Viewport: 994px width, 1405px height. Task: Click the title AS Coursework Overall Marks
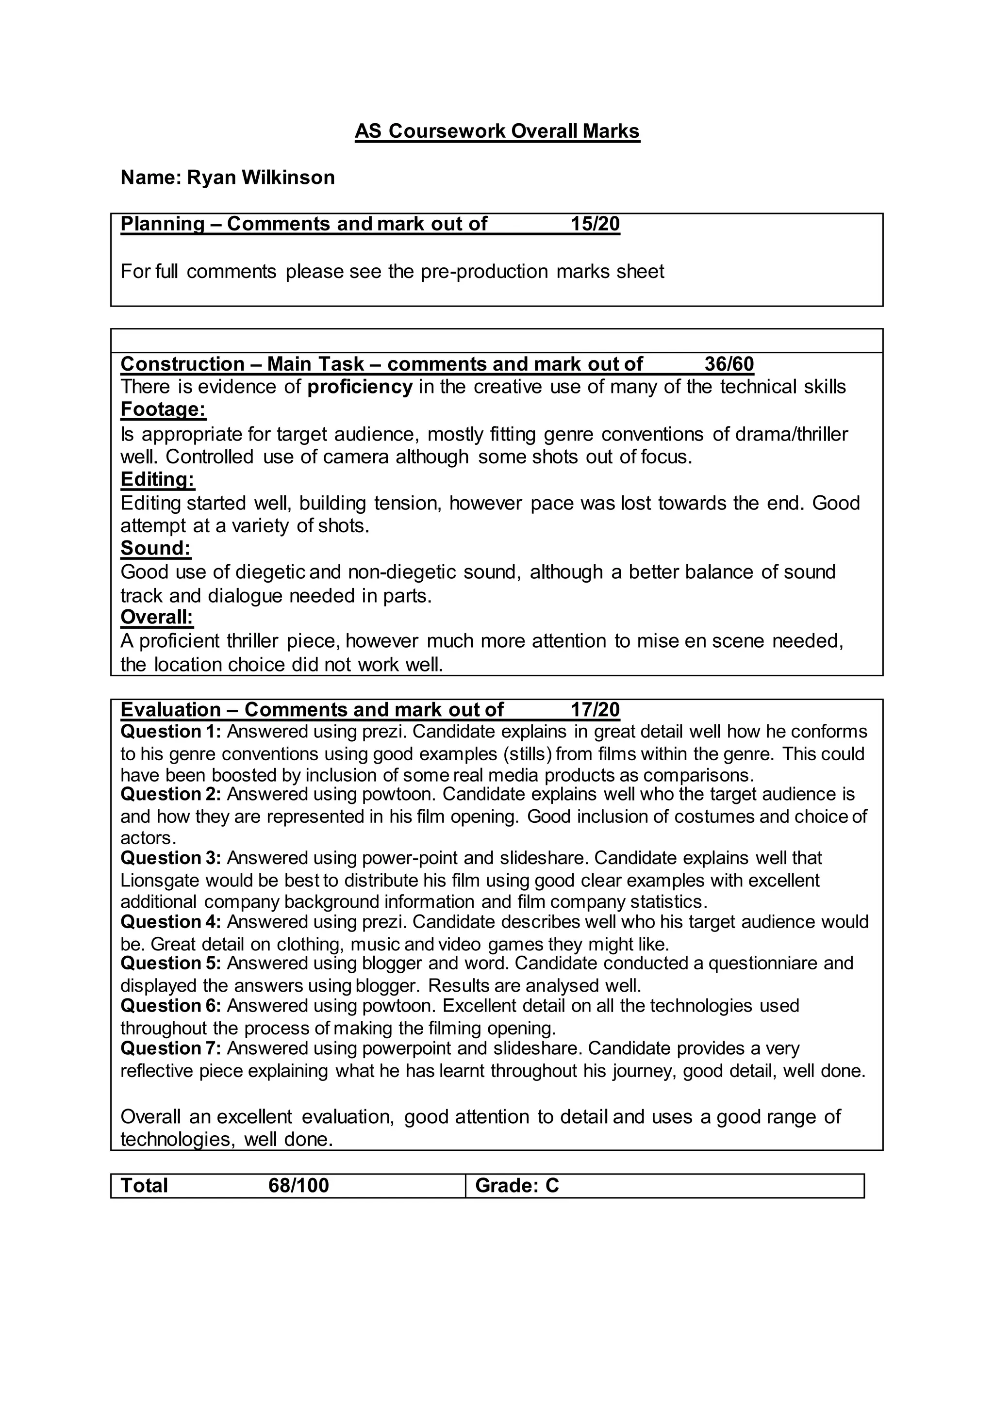pos(497,131)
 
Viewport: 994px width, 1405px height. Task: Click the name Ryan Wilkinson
pos(261,178)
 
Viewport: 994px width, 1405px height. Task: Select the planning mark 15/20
pos(595,224)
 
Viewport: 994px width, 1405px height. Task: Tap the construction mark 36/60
pos(729,364)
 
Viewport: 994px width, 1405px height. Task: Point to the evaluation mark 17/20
pos(595,709)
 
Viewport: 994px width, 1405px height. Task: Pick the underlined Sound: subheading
pos(155,548)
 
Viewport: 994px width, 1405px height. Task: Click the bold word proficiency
pos(360,387)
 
